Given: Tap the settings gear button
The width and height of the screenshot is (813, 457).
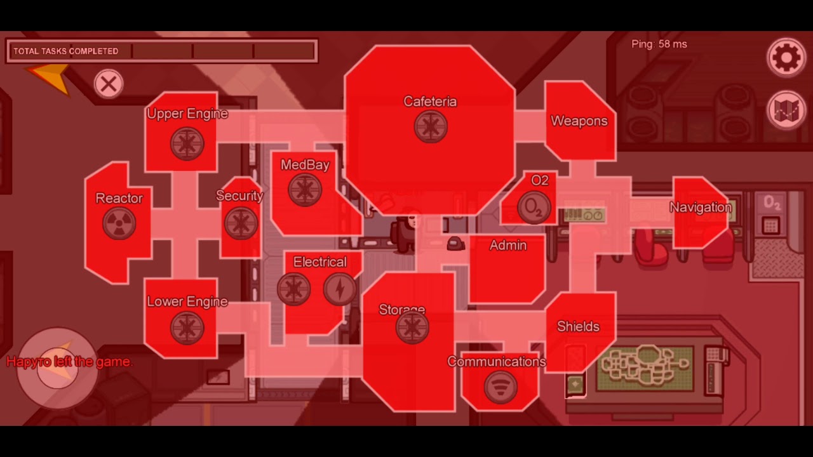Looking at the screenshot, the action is [786, 58].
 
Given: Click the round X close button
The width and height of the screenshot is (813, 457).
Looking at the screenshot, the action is [109, 84].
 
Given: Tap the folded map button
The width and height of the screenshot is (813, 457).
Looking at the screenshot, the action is [786, 110].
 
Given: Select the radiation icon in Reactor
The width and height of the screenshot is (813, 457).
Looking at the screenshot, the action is [119, 223].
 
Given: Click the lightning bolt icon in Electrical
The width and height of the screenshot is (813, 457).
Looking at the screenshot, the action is [340, 289].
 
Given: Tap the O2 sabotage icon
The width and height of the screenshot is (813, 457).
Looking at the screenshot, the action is [534, 208].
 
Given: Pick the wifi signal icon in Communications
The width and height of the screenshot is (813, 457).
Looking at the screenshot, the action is [501, 387].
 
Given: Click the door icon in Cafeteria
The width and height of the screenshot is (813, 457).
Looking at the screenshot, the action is [431, 126].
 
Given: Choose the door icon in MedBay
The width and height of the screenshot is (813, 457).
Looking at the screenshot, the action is [305, 190].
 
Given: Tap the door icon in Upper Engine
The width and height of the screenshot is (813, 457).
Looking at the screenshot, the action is [187, 143].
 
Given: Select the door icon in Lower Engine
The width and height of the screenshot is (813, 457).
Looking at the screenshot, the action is [187, 328].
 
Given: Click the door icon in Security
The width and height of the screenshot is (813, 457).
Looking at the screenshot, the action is [241, 223].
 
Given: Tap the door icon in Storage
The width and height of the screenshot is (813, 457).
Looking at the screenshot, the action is [412, 327].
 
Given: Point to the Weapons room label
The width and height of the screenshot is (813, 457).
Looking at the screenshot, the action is [579, 121].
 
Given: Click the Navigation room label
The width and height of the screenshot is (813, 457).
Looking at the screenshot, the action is [701, 208].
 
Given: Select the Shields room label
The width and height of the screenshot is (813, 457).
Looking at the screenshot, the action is [578, 326].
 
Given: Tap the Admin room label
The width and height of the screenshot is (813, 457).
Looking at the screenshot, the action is [508, 245].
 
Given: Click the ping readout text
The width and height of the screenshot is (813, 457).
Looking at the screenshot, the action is [659, 44].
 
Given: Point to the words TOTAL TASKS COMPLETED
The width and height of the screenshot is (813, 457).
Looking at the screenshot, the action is [65, 51].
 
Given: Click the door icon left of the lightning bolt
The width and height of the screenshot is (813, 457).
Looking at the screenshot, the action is [293, 289].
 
